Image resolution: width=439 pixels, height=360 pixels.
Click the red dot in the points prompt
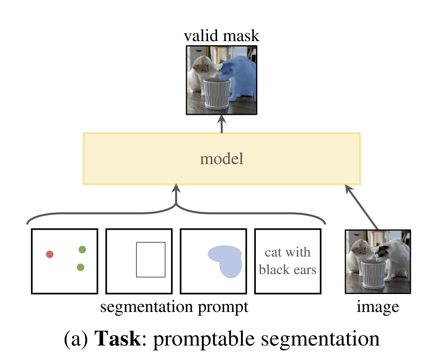click(x=50, y=254)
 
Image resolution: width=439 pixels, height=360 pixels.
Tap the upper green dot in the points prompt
click(x=82, y=249)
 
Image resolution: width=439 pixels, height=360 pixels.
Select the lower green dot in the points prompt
click(x=81, y=267)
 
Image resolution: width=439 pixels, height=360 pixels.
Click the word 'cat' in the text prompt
click(x=273, y=252)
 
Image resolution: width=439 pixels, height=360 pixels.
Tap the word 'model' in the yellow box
click(x=222, y=158)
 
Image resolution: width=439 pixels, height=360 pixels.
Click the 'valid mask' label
click(x=222, y=36)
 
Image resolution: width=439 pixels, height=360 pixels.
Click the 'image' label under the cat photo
click(x=378, y=307)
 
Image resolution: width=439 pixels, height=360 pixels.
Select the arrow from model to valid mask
click(x=222, y=124)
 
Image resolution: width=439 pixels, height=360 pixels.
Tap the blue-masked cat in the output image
click(x=240, y=77)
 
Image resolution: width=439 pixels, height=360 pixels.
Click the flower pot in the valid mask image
click(x=216, y=93)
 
